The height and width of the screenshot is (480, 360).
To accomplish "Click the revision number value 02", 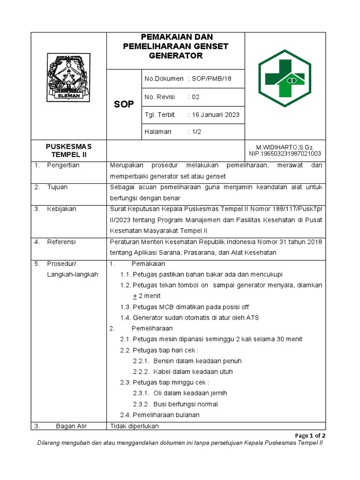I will pos(195,97).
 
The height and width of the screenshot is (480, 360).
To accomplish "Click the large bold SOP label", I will pos(124,104).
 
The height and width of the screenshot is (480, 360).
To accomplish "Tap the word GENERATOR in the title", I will pos(175,56).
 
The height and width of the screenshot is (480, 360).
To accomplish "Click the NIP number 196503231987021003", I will pos(285,153).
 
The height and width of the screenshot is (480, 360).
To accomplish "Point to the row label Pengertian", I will pos(63,165).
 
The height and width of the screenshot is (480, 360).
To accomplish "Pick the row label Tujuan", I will pos(57,187).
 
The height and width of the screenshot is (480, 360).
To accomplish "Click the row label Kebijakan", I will pos(61,209).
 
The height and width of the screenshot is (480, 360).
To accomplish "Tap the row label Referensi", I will pos(61,242).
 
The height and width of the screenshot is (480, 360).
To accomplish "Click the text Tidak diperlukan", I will pos(134,426).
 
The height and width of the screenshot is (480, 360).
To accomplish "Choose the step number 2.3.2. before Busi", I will pos(141,404).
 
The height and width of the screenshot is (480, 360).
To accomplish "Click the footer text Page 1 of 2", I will pos(310,435).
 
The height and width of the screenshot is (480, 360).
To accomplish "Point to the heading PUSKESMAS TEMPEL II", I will pos(69,150).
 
